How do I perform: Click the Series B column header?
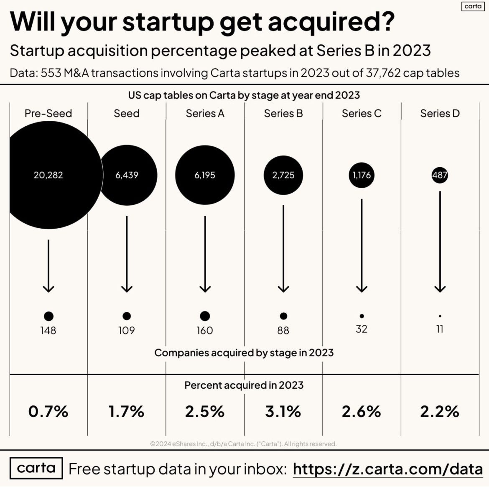(x=283, y=113)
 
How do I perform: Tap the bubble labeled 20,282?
(x=48, y=175)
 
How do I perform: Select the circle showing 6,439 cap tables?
(x=127, y=175)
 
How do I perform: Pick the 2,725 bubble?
(x=283, y=175)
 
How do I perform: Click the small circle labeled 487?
(x=440, y=175)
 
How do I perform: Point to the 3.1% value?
(x=283, y=411)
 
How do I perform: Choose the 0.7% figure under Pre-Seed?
(x=48, y=411)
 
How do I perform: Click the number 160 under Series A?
(x=205, y=330)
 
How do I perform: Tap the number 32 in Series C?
(x=362, y=329)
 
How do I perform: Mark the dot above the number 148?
(x=49, y=316)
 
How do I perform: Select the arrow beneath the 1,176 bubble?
(x=362, y=245)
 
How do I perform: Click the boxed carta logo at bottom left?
(x=36, y=468)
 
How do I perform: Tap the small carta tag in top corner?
(x=473, y=6)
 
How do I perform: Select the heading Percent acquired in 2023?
(x=244, y=385)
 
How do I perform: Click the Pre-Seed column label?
(x=48, y=113)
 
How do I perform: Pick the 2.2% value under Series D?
(x=440, y=411)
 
